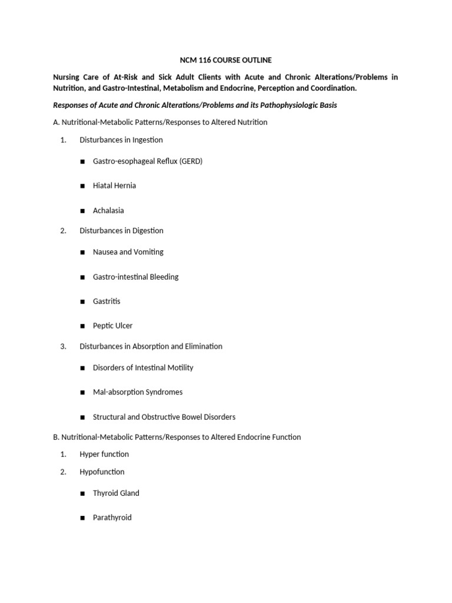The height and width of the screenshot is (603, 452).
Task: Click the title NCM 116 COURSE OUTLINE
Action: [x=225, y=60]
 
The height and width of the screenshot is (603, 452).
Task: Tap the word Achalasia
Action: [x=108, y=210]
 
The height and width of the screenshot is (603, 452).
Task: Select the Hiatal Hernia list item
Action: [x=114, y=185]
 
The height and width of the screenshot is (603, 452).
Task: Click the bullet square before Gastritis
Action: [x=83, y=301]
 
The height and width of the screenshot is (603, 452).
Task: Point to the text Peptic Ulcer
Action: [x=112, y=326]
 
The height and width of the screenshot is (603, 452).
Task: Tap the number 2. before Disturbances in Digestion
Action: [x=63, y=231]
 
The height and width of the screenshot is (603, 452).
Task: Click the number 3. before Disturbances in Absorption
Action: [x=63, y=346]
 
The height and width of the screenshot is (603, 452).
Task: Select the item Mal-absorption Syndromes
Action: [x=138, y=392]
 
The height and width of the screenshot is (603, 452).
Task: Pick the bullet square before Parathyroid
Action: [x=83, y=518]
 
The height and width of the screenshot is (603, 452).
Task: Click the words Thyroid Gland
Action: [x=116, y=493]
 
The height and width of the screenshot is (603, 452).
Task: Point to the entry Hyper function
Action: [x=104, y=454]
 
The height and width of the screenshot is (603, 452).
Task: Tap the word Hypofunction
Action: [x=102, y=472]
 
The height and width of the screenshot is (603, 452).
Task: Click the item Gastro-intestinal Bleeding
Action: [x=135, y=277]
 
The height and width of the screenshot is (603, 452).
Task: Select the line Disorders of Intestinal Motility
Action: [x=143, y=367]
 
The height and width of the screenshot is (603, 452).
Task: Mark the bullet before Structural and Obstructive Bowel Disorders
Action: [x=83, y=418]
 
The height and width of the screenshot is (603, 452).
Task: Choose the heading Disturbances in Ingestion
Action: [x=121, y=140]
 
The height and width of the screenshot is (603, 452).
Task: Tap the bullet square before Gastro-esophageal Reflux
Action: [x=83, y=161]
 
